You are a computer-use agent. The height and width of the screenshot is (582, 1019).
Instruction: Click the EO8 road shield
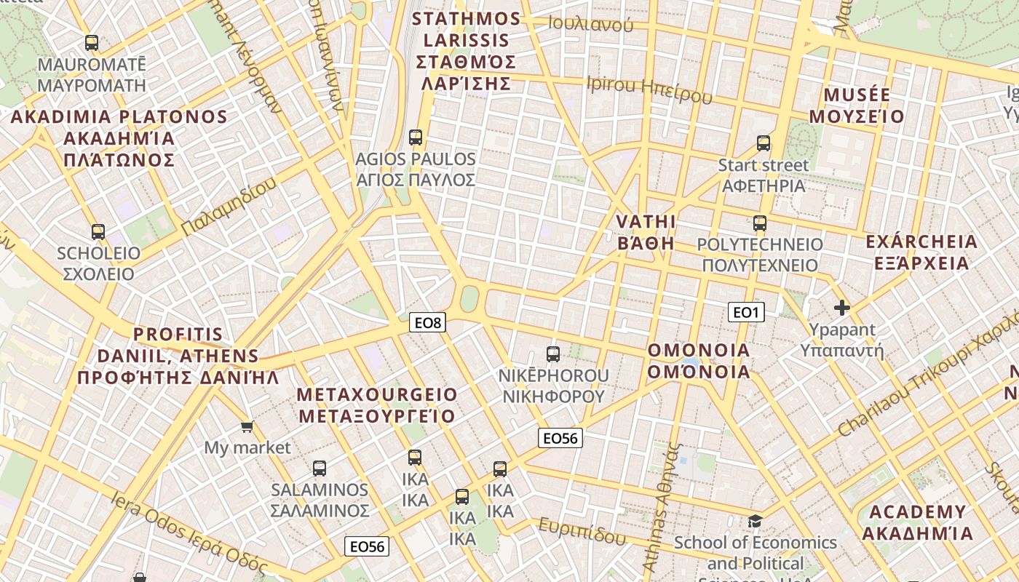point(427,322)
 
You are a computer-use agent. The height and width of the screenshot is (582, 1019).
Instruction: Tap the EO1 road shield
point(745,312)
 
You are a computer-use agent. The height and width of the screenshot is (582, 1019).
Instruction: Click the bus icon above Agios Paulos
point(416,137)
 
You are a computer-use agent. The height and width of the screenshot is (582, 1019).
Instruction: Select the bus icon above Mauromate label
point(92,42)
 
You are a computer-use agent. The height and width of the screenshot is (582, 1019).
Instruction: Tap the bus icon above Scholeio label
point(98,232)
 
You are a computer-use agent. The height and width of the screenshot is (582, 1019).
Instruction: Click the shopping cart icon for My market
point(247,426)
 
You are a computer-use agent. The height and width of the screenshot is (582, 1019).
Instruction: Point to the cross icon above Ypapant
point(842,308)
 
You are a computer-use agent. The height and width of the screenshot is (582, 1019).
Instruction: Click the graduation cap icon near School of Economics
point(755,521)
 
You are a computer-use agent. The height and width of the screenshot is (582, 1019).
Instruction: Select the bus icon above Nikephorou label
point(553,354)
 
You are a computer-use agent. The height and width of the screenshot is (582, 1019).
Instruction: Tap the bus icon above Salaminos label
point(320,468)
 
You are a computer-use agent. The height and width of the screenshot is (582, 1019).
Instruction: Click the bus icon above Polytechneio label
point(760,223)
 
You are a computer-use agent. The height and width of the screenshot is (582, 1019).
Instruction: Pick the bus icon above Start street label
point(763,143)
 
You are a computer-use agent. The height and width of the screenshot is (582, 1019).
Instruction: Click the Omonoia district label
point(699,361)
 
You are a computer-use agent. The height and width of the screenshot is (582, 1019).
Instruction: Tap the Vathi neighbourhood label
point(646,232)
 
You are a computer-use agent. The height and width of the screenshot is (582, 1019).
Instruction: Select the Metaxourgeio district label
point(378,405)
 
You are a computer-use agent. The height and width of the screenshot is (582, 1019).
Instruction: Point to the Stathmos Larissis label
point(467,51)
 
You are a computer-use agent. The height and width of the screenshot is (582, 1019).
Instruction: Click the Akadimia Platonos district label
point(119,137)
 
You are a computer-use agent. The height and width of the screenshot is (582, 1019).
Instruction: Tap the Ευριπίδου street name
point(582,531)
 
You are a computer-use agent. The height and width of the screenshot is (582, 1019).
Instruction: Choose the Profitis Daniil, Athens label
point(178,356)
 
